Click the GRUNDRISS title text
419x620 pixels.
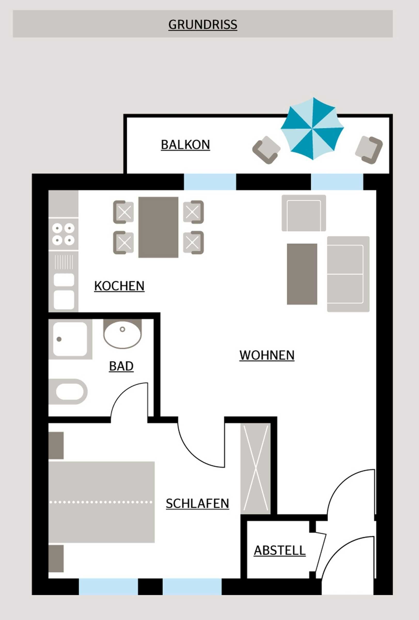point(203,25)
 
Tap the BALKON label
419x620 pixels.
point(186,145)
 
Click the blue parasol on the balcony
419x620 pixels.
point(312,129)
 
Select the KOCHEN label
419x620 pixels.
point(120,286)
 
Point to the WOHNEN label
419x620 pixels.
point(267,355)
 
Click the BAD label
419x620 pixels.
point(121,366)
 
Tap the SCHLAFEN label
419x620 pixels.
point(197,504)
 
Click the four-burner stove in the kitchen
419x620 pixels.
point(64,235)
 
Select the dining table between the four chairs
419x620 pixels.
point(158,227)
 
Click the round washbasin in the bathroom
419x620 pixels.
point(123,334)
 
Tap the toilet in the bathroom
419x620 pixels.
point(68,392)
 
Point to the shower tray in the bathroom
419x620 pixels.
point(70,339)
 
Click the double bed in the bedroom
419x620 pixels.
point(101,502)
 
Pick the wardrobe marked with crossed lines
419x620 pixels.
point(256,469)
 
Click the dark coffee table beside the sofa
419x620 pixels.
point(302,274)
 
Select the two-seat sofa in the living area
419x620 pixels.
point(348,274)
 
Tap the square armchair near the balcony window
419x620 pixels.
point(304,213)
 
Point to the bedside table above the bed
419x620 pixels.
point(56,446)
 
